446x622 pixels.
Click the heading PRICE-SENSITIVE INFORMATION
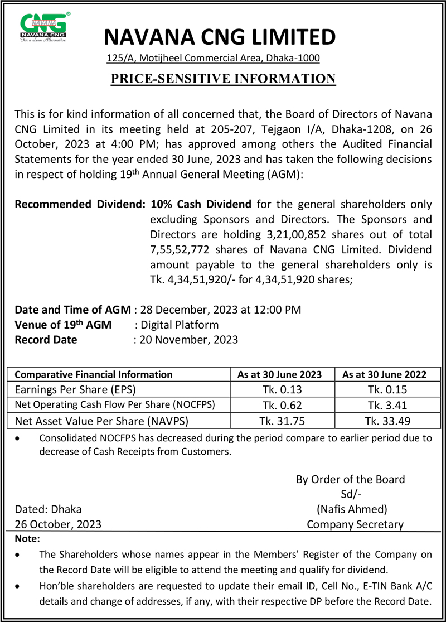(x=223, y=79)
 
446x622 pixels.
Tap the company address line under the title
(x=213, y=57)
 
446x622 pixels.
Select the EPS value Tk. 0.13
(x=282, y=389)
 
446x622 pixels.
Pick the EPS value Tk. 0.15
(x=387, y=389)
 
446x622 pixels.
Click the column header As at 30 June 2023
(x=282, y=375)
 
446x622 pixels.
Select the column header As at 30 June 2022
(x=387, y=375)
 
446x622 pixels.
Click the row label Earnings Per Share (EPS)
(x=75, y=389)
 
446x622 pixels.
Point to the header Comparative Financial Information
(x=94, y=375)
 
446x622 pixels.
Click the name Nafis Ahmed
(x=352, y=509)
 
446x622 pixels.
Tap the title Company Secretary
(x=355, y=524)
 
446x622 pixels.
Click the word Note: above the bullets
(x=27, y=539)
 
